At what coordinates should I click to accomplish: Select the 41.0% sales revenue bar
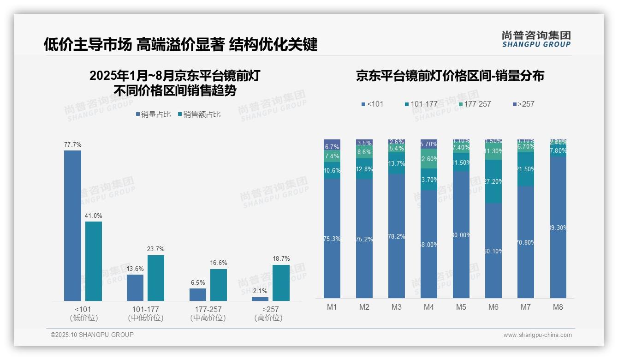click(94, 261)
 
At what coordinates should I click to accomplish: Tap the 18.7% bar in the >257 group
click(281, 282)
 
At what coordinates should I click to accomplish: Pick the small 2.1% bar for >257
click(260, 299)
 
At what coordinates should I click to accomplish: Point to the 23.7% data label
click(156, 249)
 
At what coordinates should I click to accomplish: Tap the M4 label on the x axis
click(429, 307)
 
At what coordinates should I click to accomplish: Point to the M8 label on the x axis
click(558, 307)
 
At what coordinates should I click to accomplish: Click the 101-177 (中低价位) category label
click(146, 313)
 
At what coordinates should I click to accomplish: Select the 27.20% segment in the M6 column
click(493, 181)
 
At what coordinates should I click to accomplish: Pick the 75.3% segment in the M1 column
click(332, 239)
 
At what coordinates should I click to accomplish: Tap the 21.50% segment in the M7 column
click(526, 169)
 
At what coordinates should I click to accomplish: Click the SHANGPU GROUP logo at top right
click(536, 39)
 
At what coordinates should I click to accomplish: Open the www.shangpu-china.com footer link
click(537, 335)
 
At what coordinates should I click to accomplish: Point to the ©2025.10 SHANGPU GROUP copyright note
click(92, 335)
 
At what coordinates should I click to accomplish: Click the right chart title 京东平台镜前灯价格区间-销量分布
click(450, 76)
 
